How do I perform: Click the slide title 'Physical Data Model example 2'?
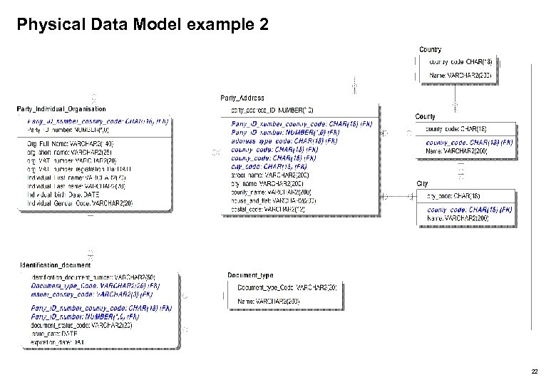[143, 26]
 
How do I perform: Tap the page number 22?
[535, 372]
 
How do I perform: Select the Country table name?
[431, 50]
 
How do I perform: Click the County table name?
[426, 116]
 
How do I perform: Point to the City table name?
[423, 184]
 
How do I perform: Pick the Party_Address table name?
[242, 98]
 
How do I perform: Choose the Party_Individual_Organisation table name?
[61, 109]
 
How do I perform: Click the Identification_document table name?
[56, 265]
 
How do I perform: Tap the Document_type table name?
[250, 274]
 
